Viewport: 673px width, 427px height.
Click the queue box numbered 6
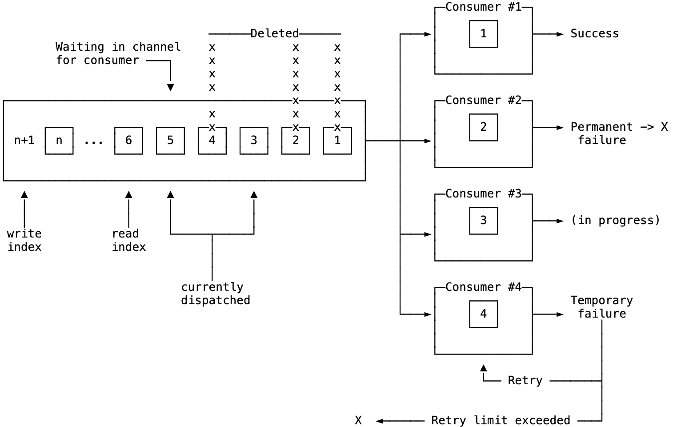(x=128, y=141)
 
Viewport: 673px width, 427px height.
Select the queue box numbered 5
(x=170, y=141)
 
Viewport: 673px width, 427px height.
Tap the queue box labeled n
(x=59, y=141)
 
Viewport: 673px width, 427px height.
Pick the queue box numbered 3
(x=254, y=141)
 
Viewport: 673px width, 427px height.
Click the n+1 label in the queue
(x=24, y=141)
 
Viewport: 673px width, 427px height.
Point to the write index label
(x=24, y=240)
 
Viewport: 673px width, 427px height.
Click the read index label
(x=128, y=240)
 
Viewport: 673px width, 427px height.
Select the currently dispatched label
(x=215, y=294)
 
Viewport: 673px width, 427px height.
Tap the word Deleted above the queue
(x=274, y=33)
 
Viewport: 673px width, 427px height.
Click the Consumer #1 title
(x=483, y=7)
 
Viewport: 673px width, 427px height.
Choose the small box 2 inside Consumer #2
(x=483, y=127)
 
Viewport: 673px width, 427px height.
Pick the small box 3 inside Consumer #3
(x=483, y=221)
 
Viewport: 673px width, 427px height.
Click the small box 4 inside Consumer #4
(x=483, y=314)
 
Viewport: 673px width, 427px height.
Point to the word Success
(x=594, y=34)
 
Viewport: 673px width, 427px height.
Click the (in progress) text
(x=615, y=221)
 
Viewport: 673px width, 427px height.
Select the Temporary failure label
(x=601, y=307)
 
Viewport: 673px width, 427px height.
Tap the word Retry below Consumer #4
(x=525, y=381)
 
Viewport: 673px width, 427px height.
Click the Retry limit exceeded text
(x=501, y=420)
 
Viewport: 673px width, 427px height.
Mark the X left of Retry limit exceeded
(x=358, y=420)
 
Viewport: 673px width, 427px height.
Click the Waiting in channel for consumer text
(x=118, y=53)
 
